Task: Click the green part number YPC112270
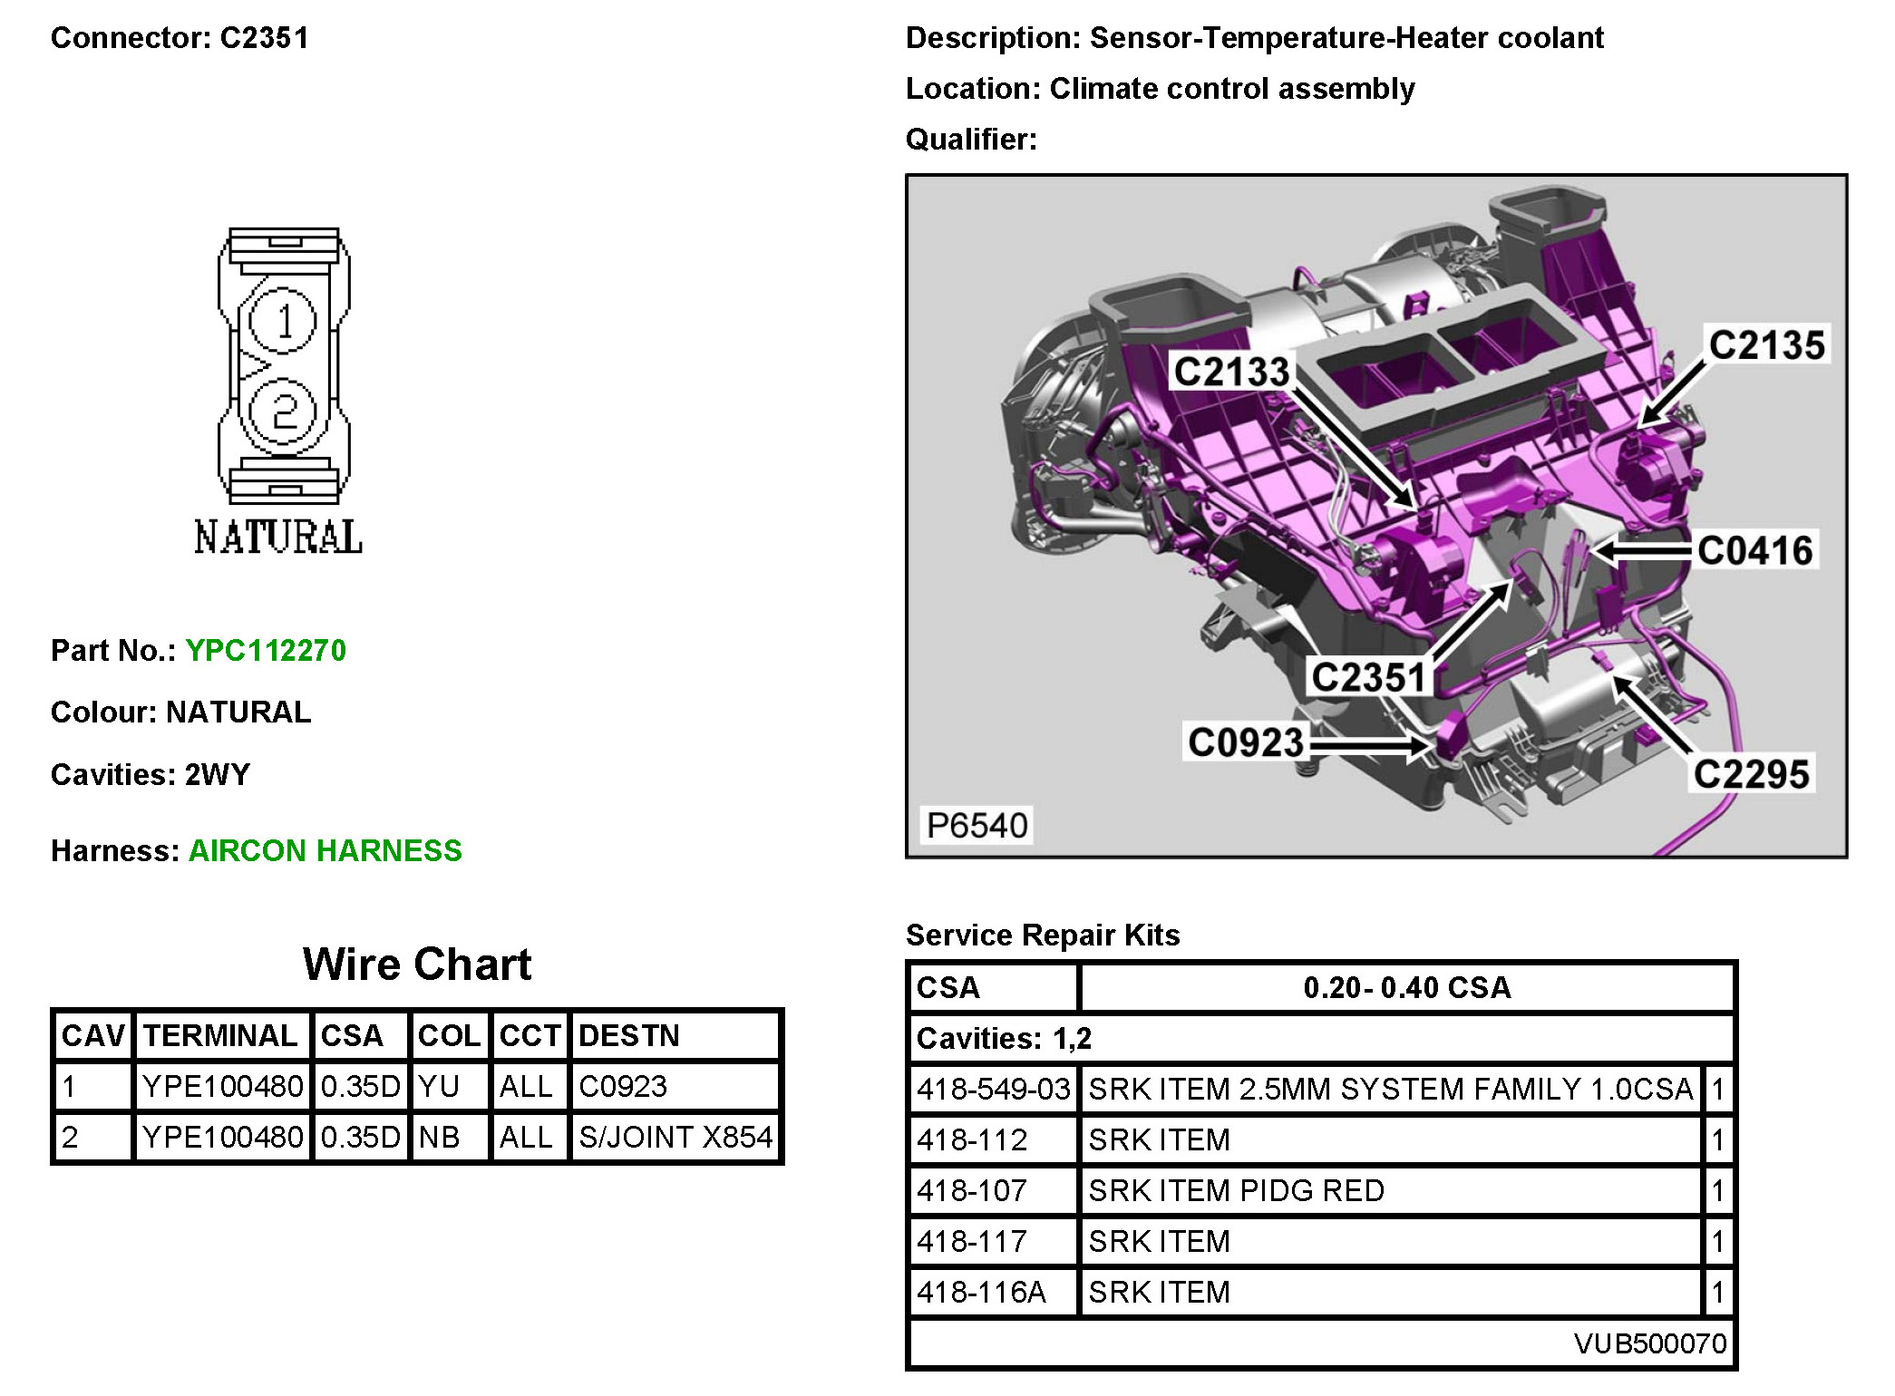[x=266, y=651]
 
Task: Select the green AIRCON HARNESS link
[x=325, y=851]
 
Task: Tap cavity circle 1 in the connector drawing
[x=284, y=321]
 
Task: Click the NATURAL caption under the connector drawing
[x=278, y=538]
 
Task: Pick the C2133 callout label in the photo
[x=1231, y=372]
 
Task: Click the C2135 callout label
[x=1766, y=345]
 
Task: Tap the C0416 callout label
[x=1754, y=550]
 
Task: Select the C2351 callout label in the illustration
[x=1368, y=677]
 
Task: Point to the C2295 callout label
[x=1751, y=774]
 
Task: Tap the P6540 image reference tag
[x=977, y=825]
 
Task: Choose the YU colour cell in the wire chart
[x=440, y=1086]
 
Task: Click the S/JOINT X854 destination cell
[x=675, y=1137]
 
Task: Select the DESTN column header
[x=629, y=1035]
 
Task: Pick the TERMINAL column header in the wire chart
[x=220, y=1035]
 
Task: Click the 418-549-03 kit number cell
[x=994, y=1089]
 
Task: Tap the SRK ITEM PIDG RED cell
[x=1236, y=1190]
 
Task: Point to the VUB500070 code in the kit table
[x=1649, y=1343]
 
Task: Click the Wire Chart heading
[x=417, y=964]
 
